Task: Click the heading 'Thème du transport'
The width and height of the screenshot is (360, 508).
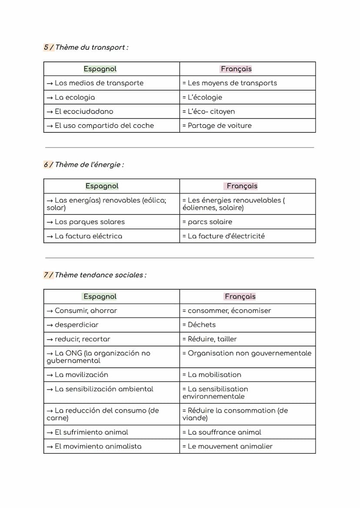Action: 91,47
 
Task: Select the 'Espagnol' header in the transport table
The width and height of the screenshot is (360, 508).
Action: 100,69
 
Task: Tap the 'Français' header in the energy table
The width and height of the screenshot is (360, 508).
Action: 242,186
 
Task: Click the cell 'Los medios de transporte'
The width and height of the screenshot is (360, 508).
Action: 99,83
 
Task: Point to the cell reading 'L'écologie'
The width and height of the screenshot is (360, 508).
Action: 205,97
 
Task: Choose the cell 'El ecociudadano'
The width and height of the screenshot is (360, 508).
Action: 83,111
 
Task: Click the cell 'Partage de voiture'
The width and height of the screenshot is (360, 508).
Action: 220,126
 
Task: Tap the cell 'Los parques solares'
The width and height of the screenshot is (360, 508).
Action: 90,222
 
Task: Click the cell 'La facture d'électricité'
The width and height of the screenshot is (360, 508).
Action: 226,236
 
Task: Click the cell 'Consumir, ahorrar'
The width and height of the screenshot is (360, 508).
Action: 86,311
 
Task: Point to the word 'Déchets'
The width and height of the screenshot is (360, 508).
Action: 202,325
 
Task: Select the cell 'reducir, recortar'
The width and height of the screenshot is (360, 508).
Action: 82,339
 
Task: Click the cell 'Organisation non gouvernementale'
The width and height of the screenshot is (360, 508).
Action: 250,353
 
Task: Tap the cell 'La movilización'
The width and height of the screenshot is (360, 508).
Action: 81,375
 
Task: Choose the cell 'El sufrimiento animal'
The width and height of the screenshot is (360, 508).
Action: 91,432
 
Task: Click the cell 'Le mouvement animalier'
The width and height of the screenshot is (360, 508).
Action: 230,446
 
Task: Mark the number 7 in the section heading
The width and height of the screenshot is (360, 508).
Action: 46,275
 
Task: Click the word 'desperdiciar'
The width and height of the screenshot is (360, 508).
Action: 77,325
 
